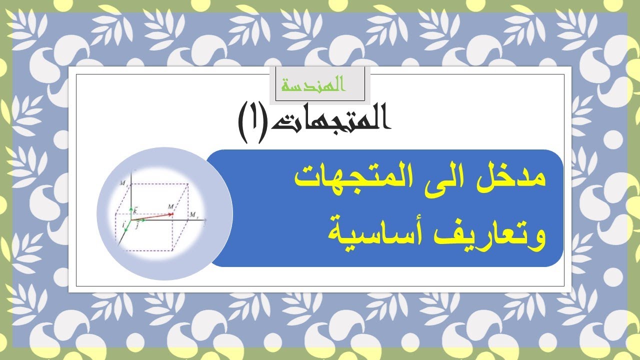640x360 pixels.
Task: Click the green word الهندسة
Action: point(313,85)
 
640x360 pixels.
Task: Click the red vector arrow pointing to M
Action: point(153,216)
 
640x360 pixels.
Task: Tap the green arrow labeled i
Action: point(127,226)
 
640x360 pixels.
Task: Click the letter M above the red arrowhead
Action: point(171,206)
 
